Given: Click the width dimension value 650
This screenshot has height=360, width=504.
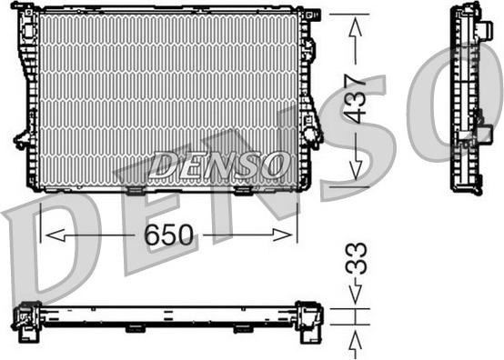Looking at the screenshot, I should click(x=169, y=235).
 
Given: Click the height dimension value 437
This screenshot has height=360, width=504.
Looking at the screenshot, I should click(x=356, y=99).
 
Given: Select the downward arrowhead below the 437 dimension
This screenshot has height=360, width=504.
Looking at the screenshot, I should click(x=356, y=173).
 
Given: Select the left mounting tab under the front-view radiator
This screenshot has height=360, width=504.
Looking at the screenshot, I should click(x=134, y=190).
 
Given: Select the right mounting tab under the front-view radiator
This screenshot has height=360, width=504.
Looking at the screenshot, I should click(x=244, y=190).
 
